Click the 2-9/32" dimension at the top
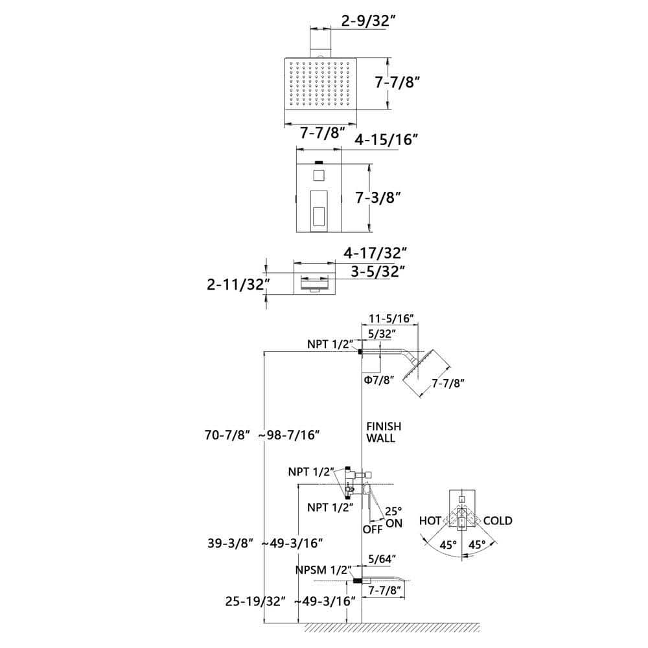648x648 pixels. click(x=365, y=21)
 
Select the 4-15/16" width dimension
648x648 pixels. click(x=386, y=140)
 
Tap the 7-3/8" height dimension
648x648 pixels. click(x=378, y=198)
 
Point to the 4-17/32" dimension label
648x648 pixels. click(x=375, y=253)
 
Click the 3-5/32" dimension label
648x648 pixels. click(x=377, y=272)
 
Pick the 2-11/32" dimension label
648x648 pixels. click(x=238, y=284)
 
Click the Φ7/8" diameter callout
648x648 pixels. click(x=379, y=379)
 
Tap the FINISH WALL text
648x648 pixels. click(x=384, y=432)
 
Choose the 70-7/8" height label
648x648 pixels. click(x=227, y=435)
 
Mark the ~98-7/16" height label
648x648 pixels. click(x=289, y=435)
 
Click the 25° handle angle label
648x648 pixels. click(x=393, y=511)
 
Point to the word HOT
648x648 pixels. click(x=430, y=521)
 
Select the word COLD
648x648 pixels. click(x=498, y=521)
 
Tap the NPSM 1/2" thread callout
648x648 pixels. click(x=323, y=570)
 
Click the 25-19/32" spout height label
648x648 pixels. click(x=255, y=601)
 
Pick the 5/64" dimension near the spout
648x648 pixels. click(x=382, y=559)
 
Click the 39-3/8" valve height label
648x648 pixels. click(x=230, y=544)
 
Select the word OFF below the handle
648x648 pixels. click(x=373, y=529)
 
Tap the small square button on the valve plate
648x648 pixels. click(x=319, y=176)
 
